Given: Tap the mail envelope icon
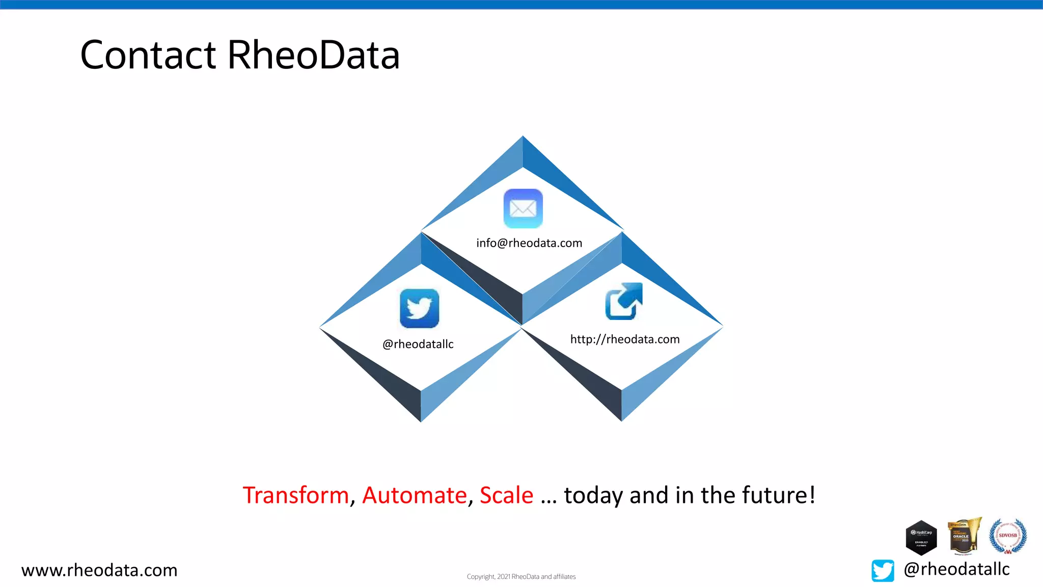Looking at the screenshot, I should [x=523, y=208].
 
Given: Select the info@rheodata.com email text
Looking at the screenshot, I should [x=529, y=243].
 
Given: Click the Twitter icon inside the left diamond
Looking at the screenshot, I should [x=419, y=308].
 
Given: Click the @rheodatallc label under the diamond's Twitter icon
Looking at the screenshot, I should [x=418, y=344].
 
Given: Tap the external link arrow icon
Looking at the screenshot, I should [x=623, y=301].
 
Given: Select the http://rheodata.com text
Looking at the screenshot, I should [x=625, y=339].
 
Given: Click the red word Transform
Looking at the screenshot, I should [x=295, y=495].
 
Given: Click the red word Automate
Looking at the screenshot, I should [x=415, y=495].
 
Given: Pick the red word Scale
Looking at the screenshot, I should [x=506, y=495].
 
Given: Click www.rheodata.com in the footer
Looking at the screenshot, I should [x=99, y=570].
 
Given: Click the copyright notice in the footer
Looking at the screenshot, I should [x=521, y=577].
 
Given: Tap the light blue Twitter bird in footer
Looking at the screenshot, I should [x=883, y=570].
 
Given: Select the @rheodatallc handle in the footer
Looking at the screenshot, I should [x=956, y=569].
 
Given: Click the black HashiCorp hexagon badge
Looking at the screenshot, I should [x=921, y=538].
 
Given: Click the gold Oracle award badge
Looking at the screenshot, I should [x=963, y=536].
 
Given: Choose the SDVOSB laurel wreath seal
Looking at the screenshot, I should [x=1007, y=536].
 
